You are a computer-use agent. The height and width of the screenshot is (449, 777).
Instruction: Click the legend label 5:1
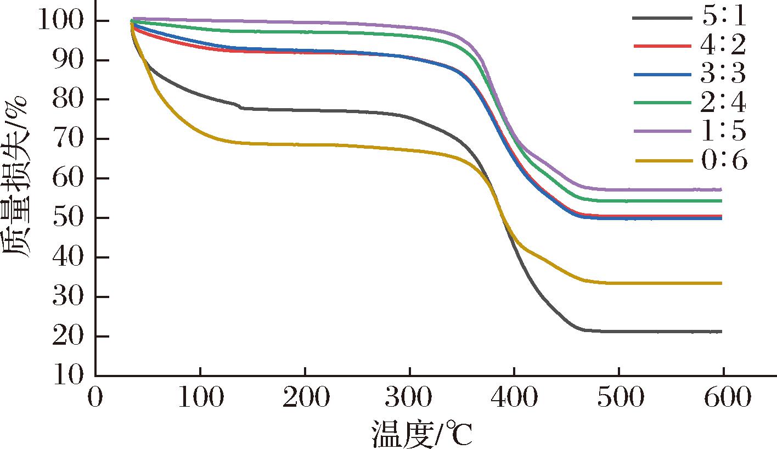click(723, 18)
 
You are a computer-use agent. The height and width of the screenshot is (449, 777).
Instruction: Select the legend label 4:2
click(723, 46)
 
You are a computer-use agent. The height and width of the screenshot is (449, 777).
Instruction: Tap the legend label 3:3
click(723, 74)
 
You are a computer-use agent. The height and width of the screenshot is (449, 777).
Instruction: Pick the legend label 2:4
click(723, 103)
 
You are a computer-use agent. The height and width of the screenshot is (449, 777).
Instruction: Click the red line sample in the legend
click(661, 46)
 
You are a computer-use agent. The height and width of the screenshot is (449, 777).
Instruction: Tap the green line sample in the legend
click(661, 103)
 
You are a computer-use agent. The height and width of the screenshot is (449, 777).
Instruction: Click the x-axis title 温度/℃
click(421, 434)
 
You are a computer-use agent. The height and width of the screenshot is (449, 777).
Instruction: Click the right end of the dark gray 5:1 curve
click(721, 332)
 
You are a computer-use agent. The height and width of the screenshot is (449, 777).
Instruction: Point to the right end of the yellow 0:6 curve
click(721, 283)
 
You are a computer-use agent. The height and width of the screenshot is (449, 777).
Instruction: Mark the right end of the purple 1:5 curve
click(721, 189)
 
